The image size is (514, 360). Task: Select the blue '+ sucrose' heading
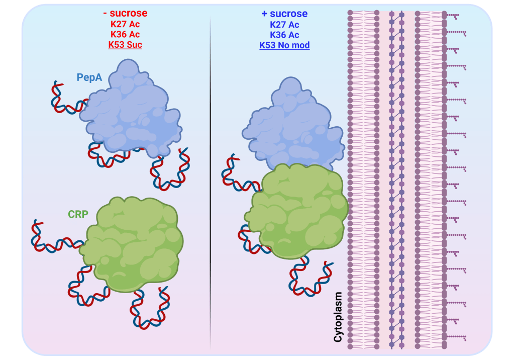[284, 14]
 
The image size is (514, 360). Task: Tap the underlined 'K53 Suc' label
[125, 45]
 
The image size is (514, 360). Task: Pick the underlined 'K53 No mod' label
[284, 45]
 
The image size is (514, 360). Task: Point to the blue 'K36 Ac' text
[284, 35]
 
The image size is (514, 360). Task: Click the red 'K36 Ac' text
[125, 35]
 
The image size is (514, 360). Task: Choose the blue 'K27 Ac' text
[284, 25]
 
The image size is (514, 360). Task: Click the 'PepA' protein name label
[89, 77]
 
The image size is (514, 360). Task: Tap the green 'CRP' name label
[77, 214]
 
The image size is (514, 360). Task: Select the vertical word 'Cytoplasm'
[338, 317]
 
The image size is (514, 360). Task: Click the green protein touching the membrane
[299, 211]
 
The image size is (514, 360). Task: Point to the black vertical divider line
[210, 181]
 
